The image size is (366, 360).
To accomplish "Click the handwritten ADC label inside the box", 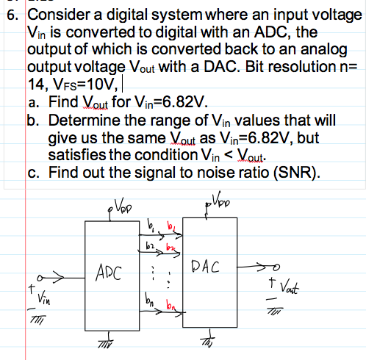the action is pyautogui.click(x=109, y=273).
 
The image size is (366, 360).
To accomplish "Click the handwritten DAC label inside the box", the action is pyautogui.click(x=205, y=267).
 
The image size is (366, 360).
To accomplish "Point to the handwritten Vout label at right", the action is pyautogui.click(x=290, y=287).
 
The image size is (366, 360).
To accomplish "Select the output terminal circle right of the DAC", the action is pyautogui.click(x=276, y=267).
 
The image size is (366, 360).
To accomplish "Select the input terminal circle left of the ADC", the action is pyautogui.click(x=40, y=278).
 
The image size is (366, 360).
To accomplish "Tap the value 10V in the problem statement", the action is pyautogui.click(x=98, y=84).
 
